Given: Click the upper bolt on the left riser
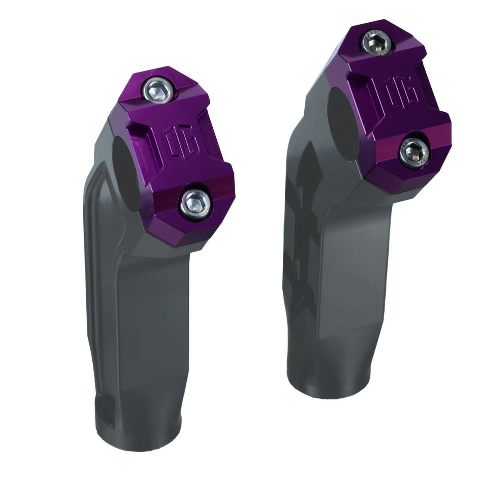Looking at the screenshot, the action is coord(158,93).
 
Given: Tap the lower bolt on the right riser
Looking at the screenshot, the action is coord(414,154).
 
